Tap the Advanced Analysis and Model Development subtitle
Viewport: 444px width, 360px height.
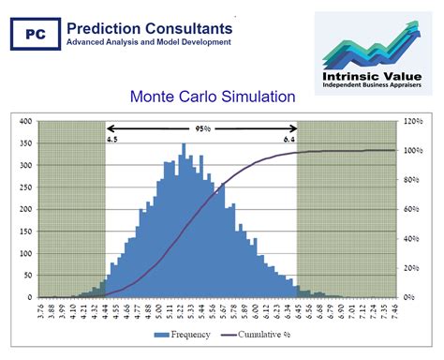[x=149, y=41]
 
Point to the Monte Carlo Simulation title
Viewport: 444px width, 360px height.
[x=213, y=96]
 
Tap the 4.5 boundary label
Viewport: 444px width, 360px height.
[x=112, y=139]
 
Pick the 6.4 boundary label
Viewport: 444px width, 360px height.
[x=289, y=139]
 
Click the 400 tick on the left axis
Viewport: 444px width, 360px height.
[x=25, y=121]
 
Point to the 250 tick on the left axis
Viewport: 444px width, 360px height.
[x=25, y=187]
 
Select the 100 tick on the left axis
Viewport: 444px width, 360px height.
[x=25, y=253]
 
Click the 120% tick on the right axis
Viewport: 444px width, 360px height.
[x=413, y=121]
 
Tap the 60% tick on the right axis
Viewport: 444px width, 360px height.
[x=411, y=209]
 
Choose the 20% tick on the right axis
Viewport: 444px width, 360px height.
[x=411, y=268]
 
